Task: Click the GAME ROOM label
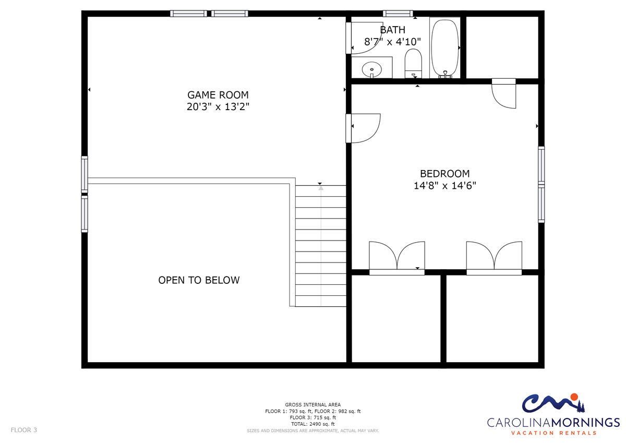tap(218, 95)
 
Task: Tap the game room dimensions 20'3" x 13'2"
tap(218, 107)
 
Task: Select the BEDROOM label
tap(444, 174)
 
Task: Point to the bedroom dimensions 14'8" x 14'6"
tap(444, 186)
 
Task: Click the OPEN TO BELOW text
tap(199, 280)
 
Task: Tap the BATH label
tap(392, 30)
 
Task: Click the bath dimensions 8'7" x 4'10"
tap(392, 42)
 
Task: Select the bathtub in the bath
tap(445, 48)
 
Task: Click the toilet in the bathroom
tap(413, 64)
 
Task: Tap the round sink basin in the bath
tap(371, 69)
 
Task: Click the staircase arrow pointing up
tap(321, 246)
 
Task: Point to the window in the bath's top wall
tap(398, 14)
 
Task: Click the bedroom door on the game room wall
tap(363, 128)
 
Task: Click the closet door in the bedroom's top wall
tap(503, 93)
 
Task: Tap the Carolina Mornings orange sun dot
tap(574, 397)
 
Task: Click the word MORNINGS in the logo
tap(585, 422)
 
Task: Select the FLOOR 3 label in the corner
tap(24, 430)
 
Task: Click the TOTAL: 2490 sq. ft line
tap(312, 424)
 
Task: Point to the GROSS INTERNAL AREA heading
tap(312, 405)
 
